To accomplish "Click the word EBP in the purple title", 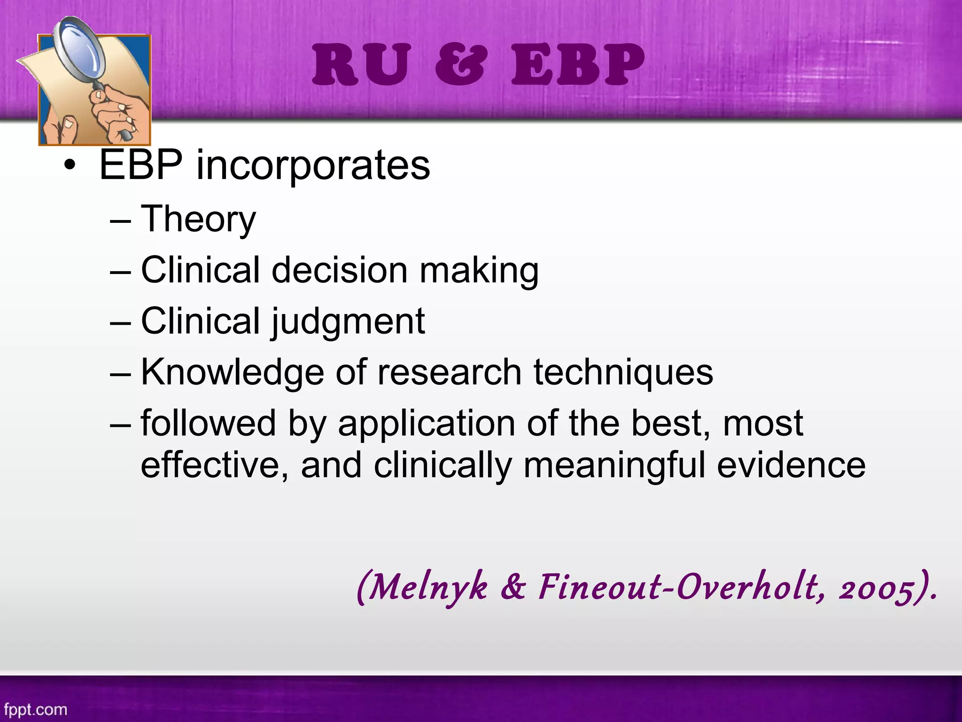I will pyautogui.click(x=578, y=65).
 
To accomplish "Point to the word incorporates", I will pyautogui.click(x=313, y=165).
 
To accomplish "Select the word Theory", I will pyautogui.click(x=198, y=219).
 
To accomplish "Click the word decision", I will pyautogui.click(x=340, y=270).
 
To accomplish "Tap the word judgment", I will pyautogui.click(x=348, y=322).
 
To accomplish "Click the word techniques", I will pyautogui.click(x=623, y=372).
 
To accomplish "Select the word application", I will pyautogui.click(x=427, y=424).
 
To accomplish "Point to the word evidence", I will pyautogui.click(x=791, y=465).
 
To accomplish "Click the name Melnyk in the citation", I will pyautogui.click(x=427, y=588).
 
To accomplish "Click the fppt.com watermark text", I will pyautogui.click(x=35, y=709).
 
